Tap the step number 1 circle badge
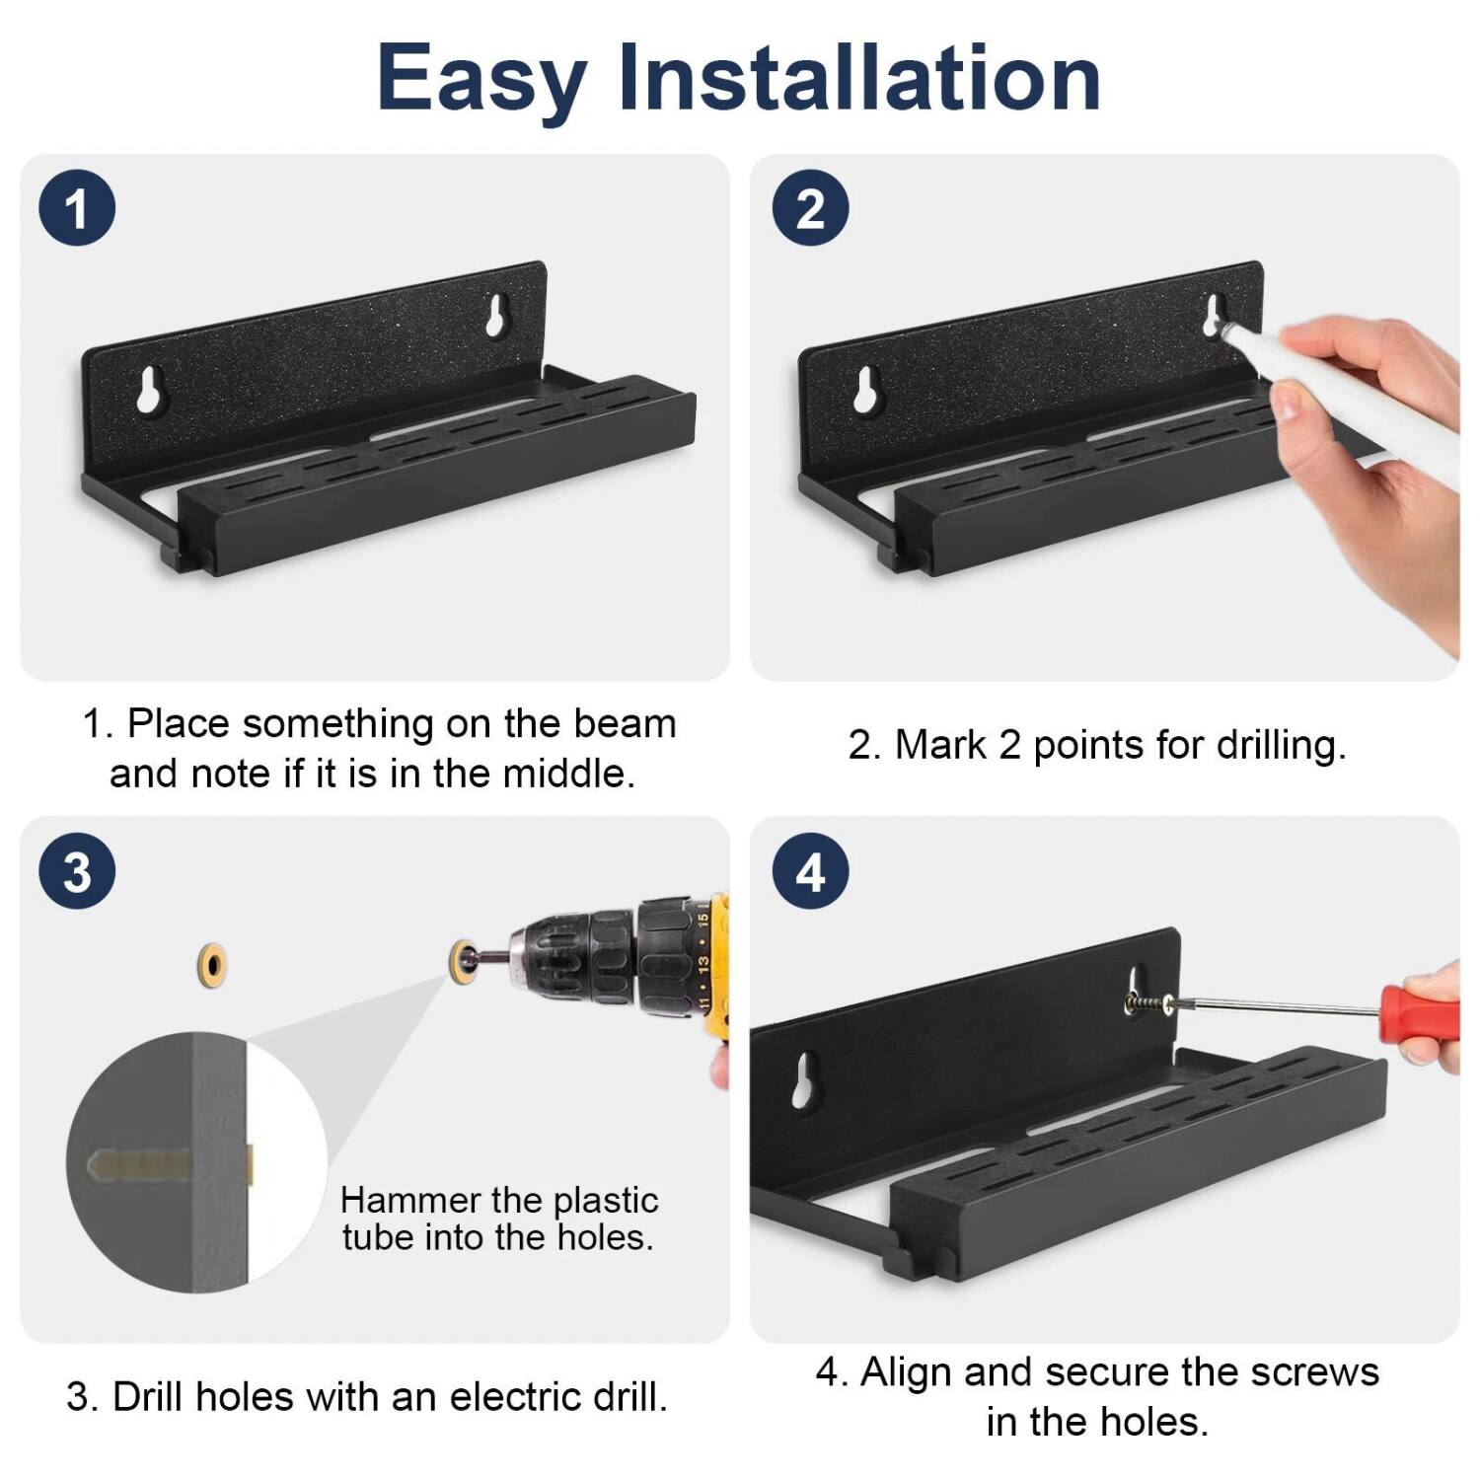point(77,208)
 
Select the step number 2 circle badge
point(810,208)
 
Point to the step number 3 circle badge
point(77,872)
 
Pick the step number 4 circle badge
point(810,872)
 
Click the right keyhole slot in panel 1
point(495,315)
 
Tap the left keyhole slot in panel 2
point(868,390)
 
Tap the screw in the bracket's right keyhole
point(1147,1003)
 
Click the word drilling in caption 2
point(1280,745)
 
